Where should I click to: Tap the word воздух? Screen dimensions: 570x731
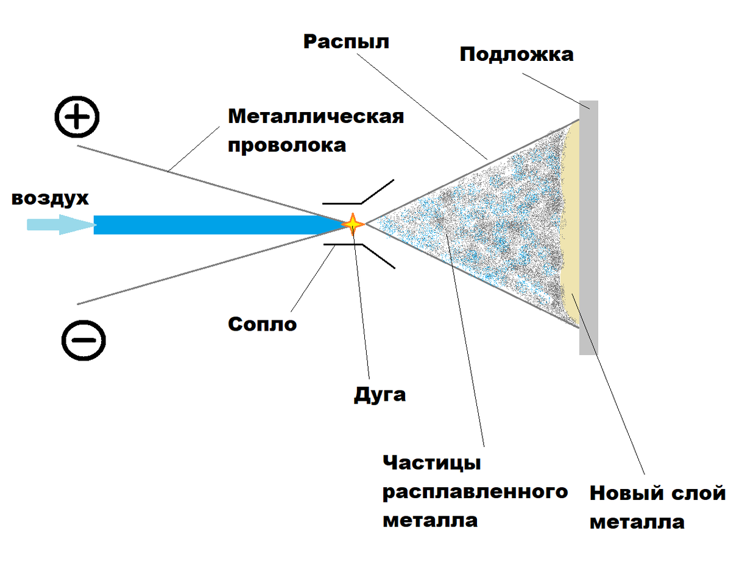pos(50,199)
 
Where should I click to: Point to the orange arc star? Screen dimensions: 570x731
pos(353,225)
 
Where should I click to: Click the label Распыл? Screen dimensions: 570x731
pos(346,42)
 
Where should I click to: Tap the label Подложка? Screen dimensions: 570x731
pos(516,54)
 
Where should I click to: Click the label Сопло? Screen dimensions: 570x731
pos(263,324)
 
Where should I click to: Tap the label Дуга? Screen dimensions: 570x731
pos(380,395)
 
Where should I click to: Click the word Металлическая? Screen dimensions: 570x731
pos(316,116)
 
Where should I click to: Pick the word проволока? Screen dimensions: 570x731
pos(287,146)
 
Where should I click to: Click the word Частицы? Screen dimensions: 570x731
pos(432,463)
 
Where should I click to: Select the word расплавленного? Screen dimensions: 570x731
pos(475,491)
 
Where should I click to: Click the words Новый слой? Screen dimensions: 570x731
pos(657,493)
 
